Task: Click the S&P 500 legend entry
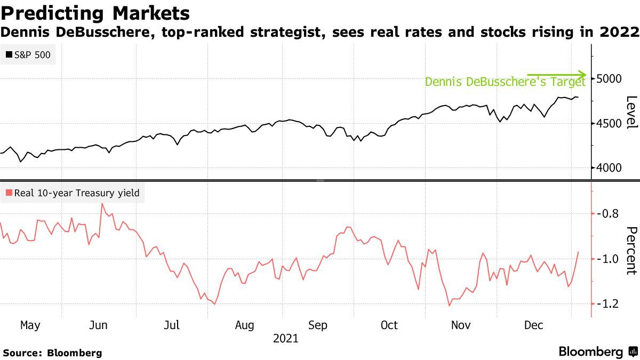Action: (x=29, y=54)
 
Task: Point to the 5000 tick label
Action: (x=609, y=78)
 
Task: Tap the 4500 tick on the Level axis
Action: (x=609, y=123)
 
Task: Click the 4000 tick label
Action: (x=609, y=168)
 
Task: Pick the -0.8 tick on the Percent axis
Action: (x=608, y=213)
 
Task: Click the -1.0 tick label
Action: (x=608, y=259)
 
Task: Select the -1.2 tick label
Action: (x=608, y=303)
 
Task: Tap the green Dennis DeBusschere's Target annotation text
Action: (x=505, y=82)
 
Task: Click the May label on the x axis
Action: (x=30, y=325)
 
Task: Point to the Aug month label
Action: (x=244, y=325)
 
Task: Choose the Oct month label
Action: (x=389, y=325)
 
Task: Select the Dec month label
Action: (x=533, y=325)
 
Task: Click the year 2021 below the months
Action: (x=285, y=339)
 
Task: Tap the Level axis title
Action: (x=631, y=112)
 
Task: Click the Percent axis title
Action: (x=631, y=250)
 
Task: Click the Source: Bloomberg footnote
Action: (x=52, y=353)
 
